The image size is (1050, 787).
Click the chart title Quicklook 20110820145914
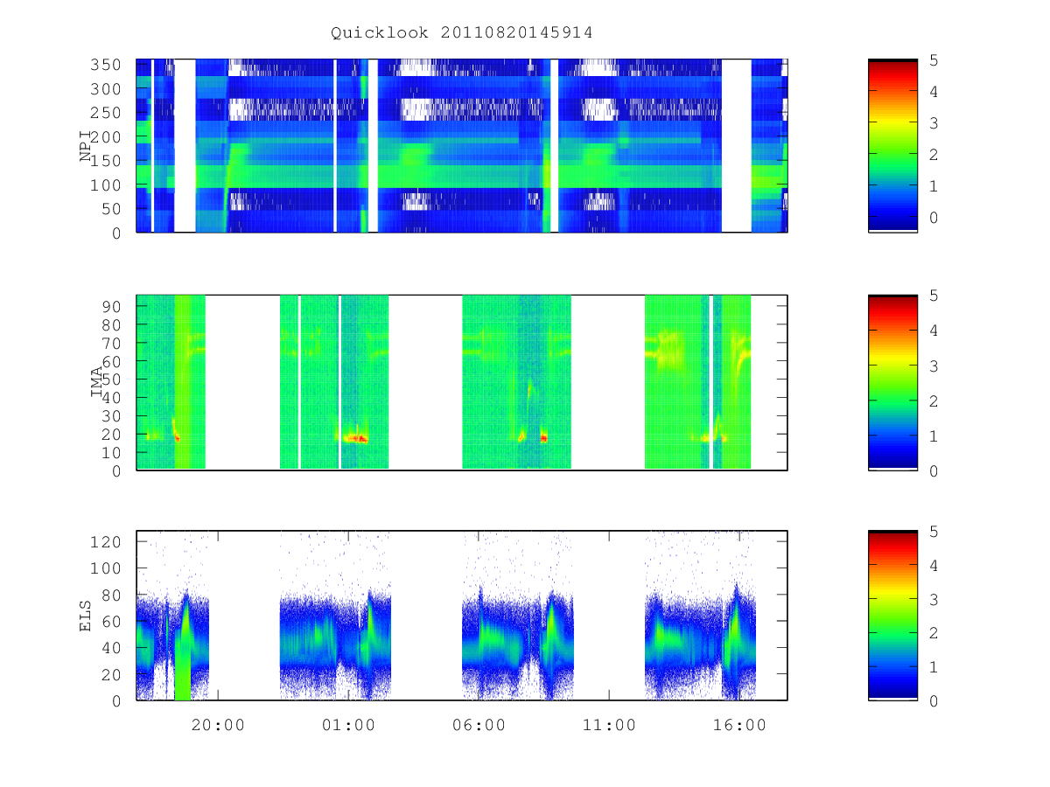tap(461, 32)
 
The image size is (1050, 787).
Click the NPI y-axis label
tap(86, 146)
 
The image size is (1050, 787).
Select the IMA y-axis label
tap(96, 381)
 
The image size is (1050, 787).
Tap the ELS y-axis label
tap(85, 616)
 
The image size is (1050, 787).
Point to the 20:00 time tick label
tap(218, 725)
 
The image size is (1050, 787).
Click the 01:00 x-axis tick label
tap(348, 725)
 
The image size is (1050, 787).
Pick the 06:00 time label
tap(479, 725)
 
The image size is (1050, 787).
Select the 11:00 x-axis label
tap(609, 725)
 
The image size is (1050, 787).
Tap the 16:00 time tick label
tap(739, 725)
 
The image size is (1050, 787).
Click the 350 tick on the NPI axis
tap(105, 65)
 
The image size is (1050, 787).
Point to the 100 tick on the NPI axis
tap(105, 185)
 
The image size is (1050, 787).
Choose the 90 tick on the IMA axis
tap(111, 306)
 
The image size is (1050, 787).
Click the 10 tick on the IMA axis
tap(111, 452)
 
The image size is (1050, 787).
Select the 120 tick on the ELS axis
tap(105, 542)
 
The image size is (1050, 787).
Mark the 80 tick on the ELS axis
tap(111, 595)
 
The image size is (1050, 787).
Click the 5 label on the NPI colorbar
tap(934, 60)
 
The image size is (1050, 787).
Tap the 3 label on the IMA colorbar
tap(934, 366)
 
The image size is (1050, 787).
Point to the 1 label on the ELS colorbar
tap(934, 666)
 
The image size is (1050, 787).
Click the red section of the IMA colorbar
tap(892, 316)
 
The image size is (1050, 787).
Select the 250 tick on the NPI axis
tap(105, 113)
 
